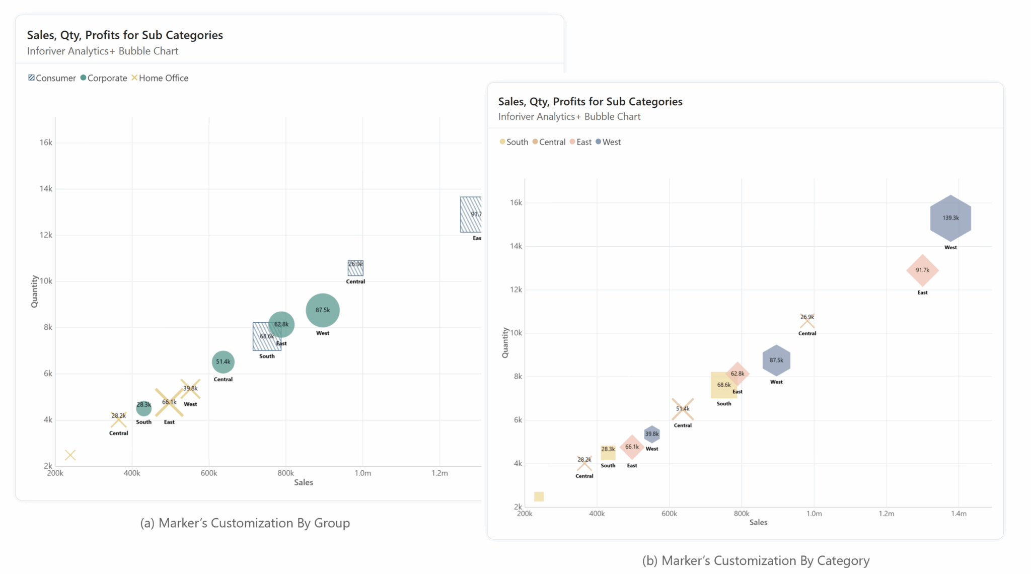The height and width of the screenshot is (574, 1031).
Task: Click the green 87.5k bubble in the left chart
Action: (323, 310)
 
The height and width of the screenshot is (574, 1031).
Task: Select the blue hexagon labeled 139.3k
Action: (950, 218)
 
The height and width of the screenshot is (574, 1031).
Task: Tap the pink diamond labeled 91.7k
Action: (922, 270)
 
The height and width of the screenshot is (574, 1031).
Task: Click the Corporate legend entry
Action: (104, 78)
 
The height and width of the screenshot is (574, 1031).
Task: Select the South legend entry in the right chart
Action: (514, 142)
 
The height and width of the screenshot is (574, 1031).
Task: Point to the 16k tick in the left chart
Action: (46, 142)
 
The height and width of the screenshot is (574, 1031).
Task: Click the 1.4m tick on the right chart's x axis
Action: (959, 514)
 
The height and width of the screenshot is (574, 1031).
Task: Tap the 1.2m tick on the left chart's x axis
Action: (439, 473)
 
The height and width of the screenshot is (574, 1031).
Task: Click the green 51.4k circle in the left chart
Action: (223, 362)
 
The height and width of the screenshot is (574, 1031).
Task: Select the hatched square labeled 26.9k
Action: (355, 267)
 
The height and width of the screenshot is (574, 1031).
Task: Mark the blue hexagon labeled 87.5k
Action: (776, 361)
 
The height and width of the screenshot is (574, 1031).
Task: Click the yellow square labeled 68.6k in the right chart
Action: (723, 386)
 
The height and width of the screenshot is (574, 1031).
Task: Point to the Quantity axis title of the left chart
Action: (34, 292)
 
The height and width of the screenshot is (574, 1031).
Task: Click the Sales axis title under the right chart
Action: (758, 523)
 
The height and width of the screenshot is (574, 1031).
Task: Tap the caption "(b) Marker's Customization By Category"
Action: (756, 560)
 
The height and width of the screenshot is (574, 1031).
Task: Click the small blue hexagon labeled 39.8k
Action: (651, 434)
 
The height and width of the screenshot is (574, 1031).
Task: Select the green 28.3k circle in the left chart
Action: (143, 407)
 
